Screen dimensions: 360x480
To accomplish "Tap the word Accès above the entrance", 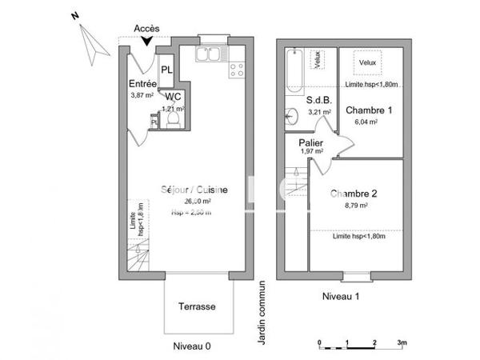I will (146, 28).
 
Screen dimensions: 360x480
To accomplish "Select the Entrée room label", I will (142, 84).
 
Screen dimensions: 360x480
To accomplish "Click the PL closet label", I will (166, 70).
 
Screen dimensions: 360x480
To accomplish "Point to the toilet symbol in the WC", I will (171, 119).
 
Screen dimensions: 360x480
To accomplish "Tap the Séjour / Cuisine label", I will (195, 190).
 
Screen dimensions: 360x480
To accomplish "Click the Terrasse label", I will (195, 306).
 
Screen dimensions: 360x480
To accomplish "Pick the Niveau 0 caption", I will (193, 346).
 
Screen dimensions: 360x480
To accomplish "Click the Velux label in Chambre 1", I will (367, 62).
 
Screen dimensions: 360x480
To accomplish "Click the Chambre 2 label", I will (353, 194).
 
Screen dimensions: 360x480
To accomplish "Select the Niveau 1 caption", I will (340, 296).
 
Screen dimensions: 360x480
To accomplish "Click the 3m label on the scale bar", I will (402, 342).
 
